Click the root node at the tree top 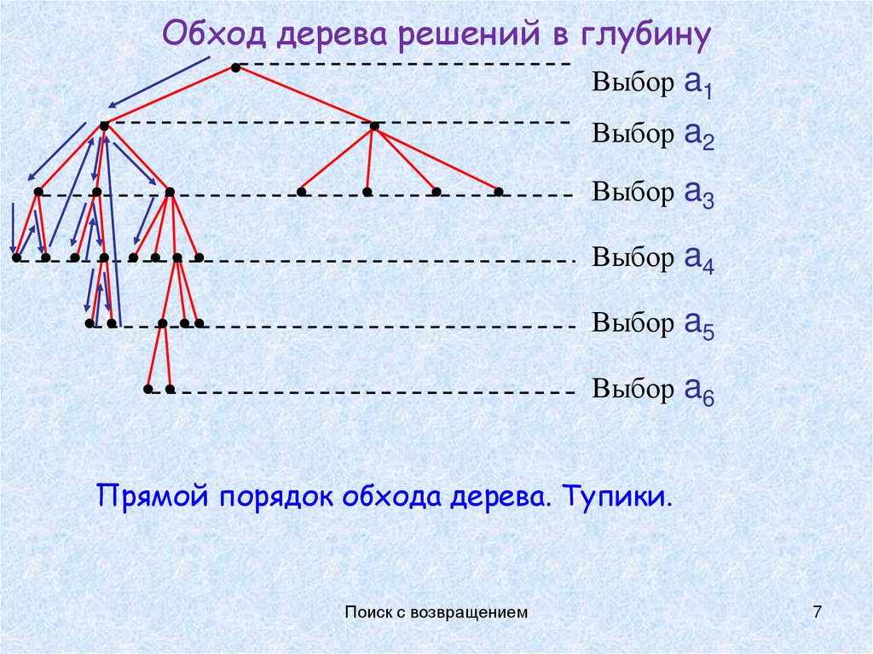tap(234, 67)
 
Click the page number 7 tap(818, 611)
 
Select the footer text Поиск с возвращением tap(436, 611)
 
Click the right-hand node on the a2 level tap(373, 126)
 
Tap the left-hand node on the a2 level tap(103, 126)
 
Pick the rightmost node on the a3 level tap(499, 192)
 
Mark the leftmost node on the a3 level tap(38, 192)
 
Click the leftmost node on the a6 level tap(148, 389)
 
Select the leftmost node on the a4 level tap(16, 257)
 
